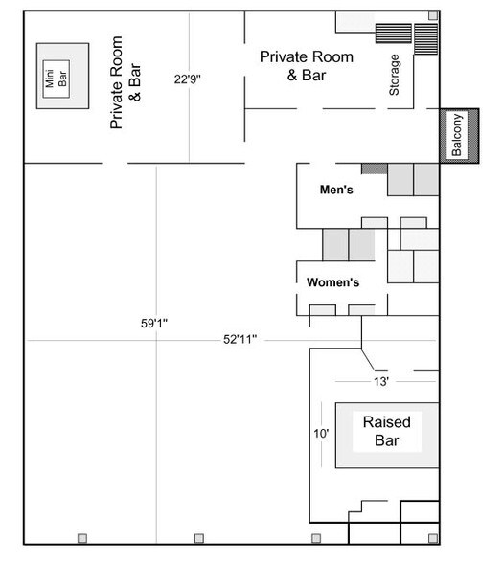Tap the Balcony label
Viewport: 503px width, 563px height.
coord(457,135)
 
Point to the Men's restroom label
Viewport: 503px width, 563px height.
coord(336,191)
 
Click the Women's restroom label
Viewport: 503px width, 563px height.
coord(332,282)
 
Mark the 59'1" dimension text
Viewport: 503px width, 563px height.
coord(154,323)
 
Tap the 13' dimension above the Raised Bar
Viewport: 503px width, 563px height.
coord(380,381)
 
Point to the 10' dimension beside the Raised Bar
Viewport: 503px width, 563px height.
coord(321,434)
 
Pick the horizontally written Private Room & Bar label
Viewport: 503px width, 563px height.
coord(307,65)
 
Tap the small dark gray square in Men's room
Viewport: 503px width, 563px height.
coord(380,169)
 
